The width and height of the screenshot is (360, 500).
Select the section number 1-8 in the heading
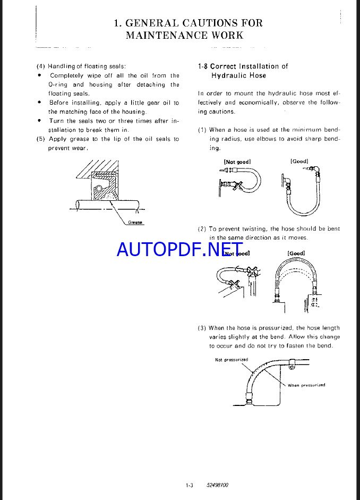[202, 66]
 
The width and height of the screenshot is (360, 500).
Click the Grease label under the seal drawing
[135, 222]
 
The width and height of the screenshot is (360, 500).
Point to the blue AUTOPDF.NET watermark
[179, 248]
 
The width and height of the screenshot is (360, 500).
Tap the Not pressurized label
[232, 360]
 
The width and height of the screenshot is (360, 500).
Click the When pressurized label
[306, 385]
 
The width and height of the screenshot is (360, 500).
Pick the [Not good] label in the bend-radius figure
[237, 162]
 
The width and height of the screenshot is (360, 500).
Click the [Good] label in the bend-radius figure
[299, 161]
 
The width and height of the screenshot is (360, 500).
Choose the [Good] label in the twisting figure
[296, 253]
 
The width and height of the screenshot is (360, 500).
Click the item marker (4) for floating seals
[40, 66]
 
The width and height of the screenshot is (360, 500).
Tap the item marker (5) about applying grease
[40, 139]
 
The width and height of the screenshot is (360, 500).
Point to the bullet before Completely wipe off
[39, 75]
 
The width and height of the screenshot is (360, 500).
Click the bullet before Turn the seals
[39, 121]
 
